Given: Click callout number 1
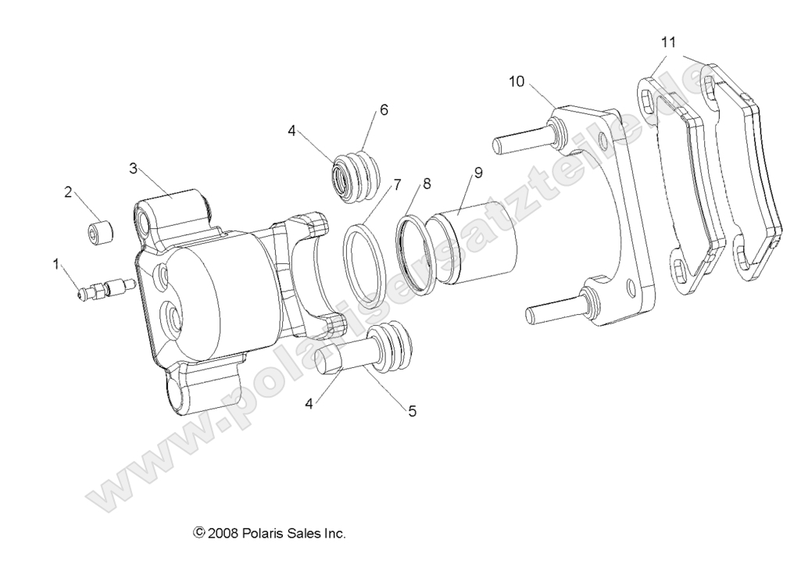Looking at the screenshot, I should (x=55, y=264).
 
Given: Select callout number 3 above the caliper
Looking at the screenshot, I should (x=134, y=168).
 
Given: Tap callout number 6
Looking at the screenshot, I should (x=384, y=109).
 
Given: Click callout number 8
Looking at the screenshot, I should (x=426, y=184).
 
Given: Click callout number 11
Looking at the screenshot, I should (x=668, y=41).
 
